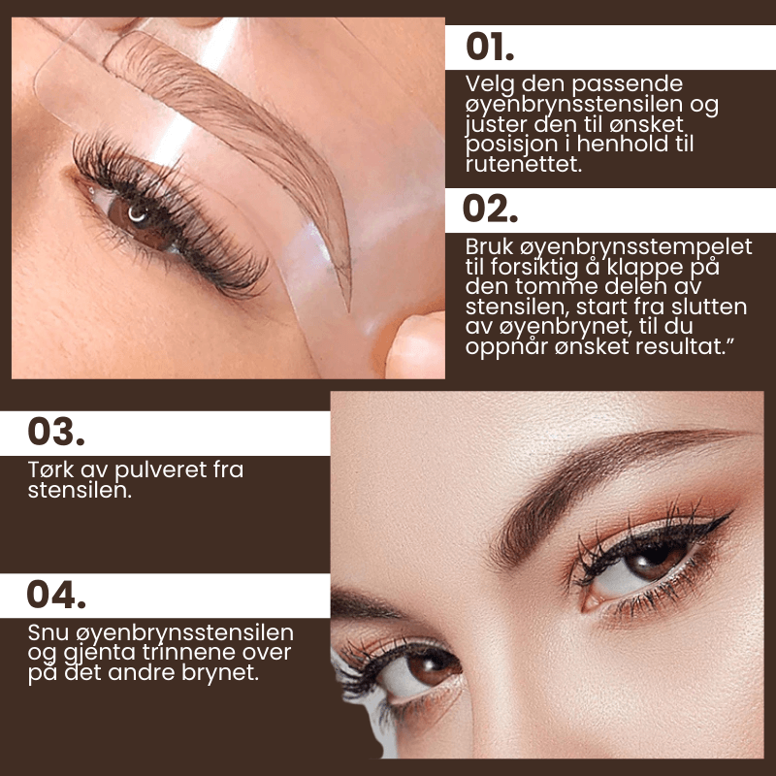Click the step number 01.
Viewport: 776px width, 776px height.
(490, 48)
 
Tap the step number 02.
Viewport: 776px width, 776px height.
(490, 209)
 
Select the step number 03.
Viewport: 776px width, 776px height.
(56, 432)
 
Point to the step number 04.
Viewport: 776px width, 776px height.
(56, 594)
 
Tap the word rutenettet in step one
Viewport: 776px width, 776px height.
(524, 164)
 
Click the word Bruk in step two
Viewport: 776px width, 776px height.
(490, 246)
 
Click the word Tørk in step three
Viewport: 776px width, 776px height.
(50, 469)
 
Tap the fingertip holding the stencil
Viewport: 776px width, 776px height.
(414, 345)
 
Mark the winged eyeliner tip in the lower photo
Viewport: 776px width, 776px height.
(730, 513)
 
